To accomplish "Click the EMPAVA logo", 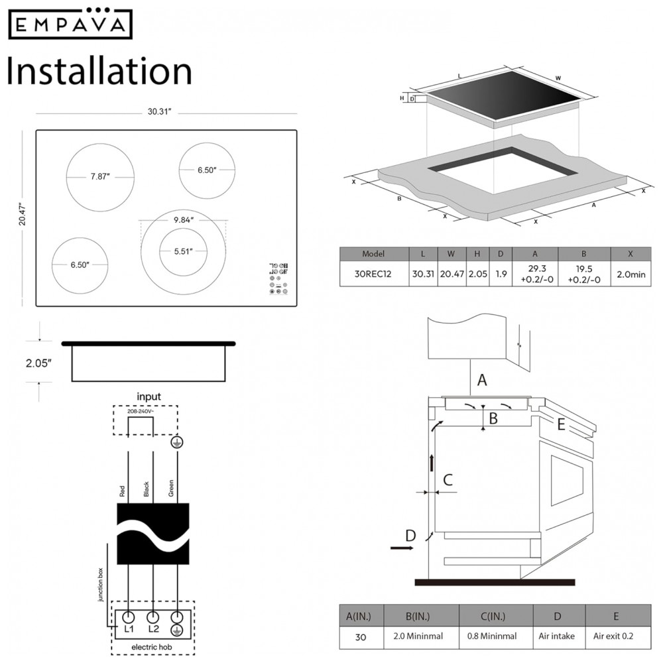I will (70, 25).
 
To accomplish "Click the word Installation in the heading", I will (99, 71).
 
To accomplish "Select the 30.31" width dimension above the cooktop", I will (160, 111).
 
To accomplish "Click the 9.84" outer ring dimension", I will (182, 220).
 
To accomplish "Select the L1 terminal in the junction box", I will (129, 627).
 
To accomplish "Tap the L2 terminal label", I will (154, 627).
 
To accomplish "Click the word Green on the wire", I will (171, 489).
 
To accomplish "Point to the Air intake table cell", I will (558, 636).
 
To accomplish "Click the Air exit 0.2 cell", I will (616, 636).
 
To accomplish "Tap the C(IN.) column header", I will (496, 616).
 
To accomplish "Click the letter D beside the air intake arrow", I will (410, 535).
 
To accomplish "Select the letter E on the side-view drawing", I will (561, 425).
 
